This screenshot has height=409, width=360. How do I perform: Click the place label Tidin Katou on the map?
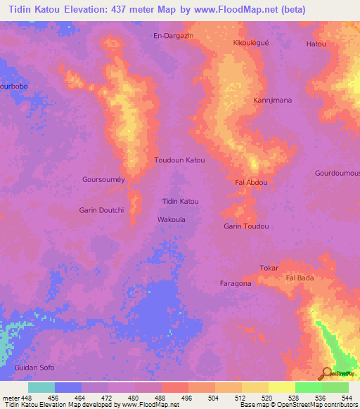coord(180,202)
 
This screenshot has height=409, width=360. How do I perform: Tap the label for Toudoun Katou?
coord(179,160)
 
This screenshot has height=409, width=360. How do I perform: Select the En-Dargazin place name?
coord(173,35)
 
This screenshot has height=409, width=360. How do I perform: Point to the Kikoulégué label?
coord(251,43)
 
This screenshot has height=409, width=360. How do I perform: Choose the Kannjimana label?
coord(272,100)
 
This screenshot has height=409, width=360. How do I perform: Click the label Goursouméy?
coord(103,179)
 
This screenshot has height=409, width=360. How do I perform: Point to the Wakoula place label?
coord(171,219)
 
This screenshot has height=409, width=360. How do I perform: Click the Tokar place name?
coord(269,268)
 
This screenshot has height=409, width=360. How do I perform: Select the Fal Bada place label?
coord(300,278)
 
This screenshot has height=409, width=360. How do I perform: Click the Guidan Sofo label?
coord(34,368)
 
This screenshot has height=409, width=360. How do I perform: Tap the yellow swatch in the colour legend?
coord(281,387)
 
